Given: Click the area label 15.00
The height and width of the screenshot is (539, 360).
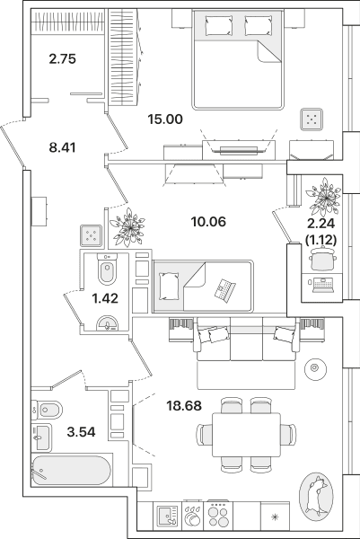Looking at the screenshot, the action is coord(165,119).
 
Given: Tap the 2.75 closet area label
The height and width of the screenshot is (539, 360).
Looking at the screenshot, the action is coord(62,58).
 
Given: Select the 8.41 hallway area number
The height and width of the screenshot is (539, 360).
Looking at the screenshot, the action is coord(62,147).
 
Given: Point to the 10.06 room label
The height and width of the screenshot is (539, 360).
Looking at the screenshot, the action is coord(208,222).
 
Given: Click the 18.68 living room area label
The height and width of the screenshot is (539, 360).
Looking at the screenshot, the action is coord(184,406).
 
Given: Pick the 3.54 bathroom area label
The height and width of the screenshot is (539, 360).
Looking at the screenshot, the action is coord(81,431).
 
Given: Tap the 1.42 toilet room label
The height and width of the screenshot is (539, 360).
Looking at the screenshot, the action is coord(105,298).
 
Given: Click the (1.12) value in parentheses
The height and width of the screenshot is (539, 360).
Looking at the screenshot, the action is coord(320,240).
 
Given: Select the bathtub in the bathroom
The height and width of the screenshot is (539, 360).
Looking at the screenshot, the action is coord(72,471).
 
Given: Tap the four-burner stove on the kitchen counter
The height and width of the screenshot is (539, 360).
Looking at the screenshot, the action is coord(218,516).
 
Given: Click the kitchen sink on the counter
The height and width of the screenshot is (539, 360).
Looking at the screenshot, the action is coord(167,516).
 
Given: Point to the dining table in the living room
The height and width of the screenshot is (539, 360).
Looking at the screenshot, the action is coord(246,435).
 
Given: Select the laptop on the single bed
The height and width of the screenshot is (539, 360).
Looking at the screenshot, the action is coord(224,289).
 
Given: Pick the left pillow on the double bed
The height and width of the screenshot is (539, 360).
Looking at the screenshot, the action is coord(219,25).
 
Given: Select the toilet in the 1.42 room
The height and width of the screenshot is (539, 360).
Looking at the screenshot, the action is coord(107,269).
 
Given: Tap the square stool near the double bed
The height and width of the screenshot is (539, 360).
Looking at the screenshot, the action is coord(312,119).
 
